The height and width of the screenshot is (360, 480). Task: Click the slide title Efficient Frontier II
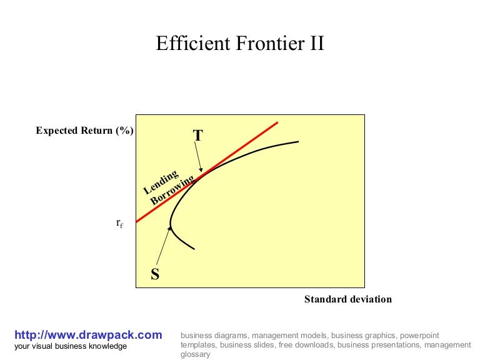click(240, 44)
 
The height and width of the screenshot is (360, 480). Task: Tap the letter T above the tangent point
click(198, 136)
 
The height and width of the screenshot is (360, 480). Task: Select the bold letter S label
click(155, 273)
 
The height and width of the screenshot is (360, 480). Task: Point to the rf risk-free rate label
click(119, 223)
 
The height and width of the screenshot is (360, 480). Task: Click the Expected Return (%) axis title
click(85, 131)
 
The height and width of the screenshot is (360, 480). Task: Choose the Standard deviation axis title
click(348, 299)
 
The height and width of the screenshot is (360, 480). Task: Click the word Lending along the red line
click(161, 181)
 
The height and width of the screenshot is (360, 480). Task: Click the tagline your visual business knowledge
click(71, 346)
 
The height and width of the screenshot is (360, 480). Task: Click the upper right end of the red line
click(277, 122)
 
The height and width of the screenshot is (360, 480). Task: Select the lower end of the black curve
click(194, 249)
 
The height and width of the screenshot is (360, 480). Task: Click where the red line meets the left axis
click(136, 222)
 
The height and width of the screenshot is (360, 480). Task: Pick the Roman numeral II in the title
click(315, 44)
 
